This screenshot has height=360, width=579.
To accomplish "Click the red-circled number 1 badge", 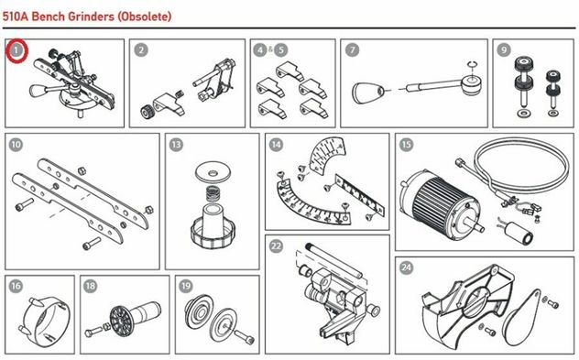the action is coord(16,50).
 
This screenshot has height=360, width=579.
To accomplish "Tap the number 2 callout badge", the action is coord(141,49).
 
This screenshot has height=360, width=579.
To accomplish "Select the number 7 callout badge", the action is coord(353,49).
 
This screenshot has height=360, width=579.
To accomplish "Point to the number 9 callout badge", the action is coord(504,49).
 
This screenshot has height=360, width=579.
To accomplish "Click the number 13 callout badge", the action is coord(176,145).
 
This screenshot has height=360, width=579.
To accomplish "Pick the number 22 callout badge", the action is coord(276,246).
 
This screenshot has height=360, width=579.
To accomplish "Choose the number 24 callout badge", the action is coord(406,267).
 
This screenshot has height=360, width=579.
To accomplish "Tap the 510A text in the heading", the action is coord(16,16).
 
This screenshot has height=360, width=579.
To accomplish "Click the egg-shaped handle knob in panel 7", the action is coord(366,93).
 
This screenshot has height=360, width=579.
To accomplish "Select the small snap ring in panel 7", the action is coord(472,65).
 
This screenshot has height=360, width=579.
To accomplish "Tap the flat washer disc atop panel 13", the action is coord(213,172).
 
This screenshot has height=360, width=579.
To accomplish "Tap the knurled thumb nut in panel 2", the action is coord(147,112).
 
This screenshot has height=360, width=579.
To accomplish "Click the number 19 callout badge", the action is coord(186,286).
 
